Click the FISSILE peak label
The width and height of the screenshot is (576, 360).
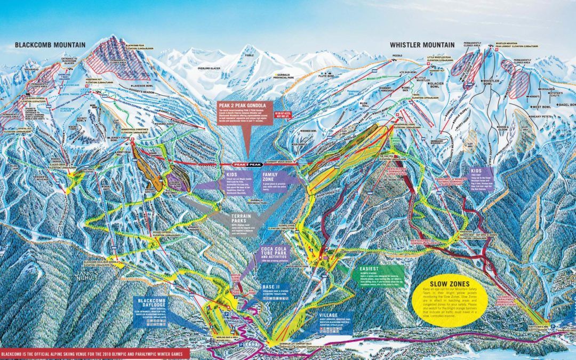point(250,55)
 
